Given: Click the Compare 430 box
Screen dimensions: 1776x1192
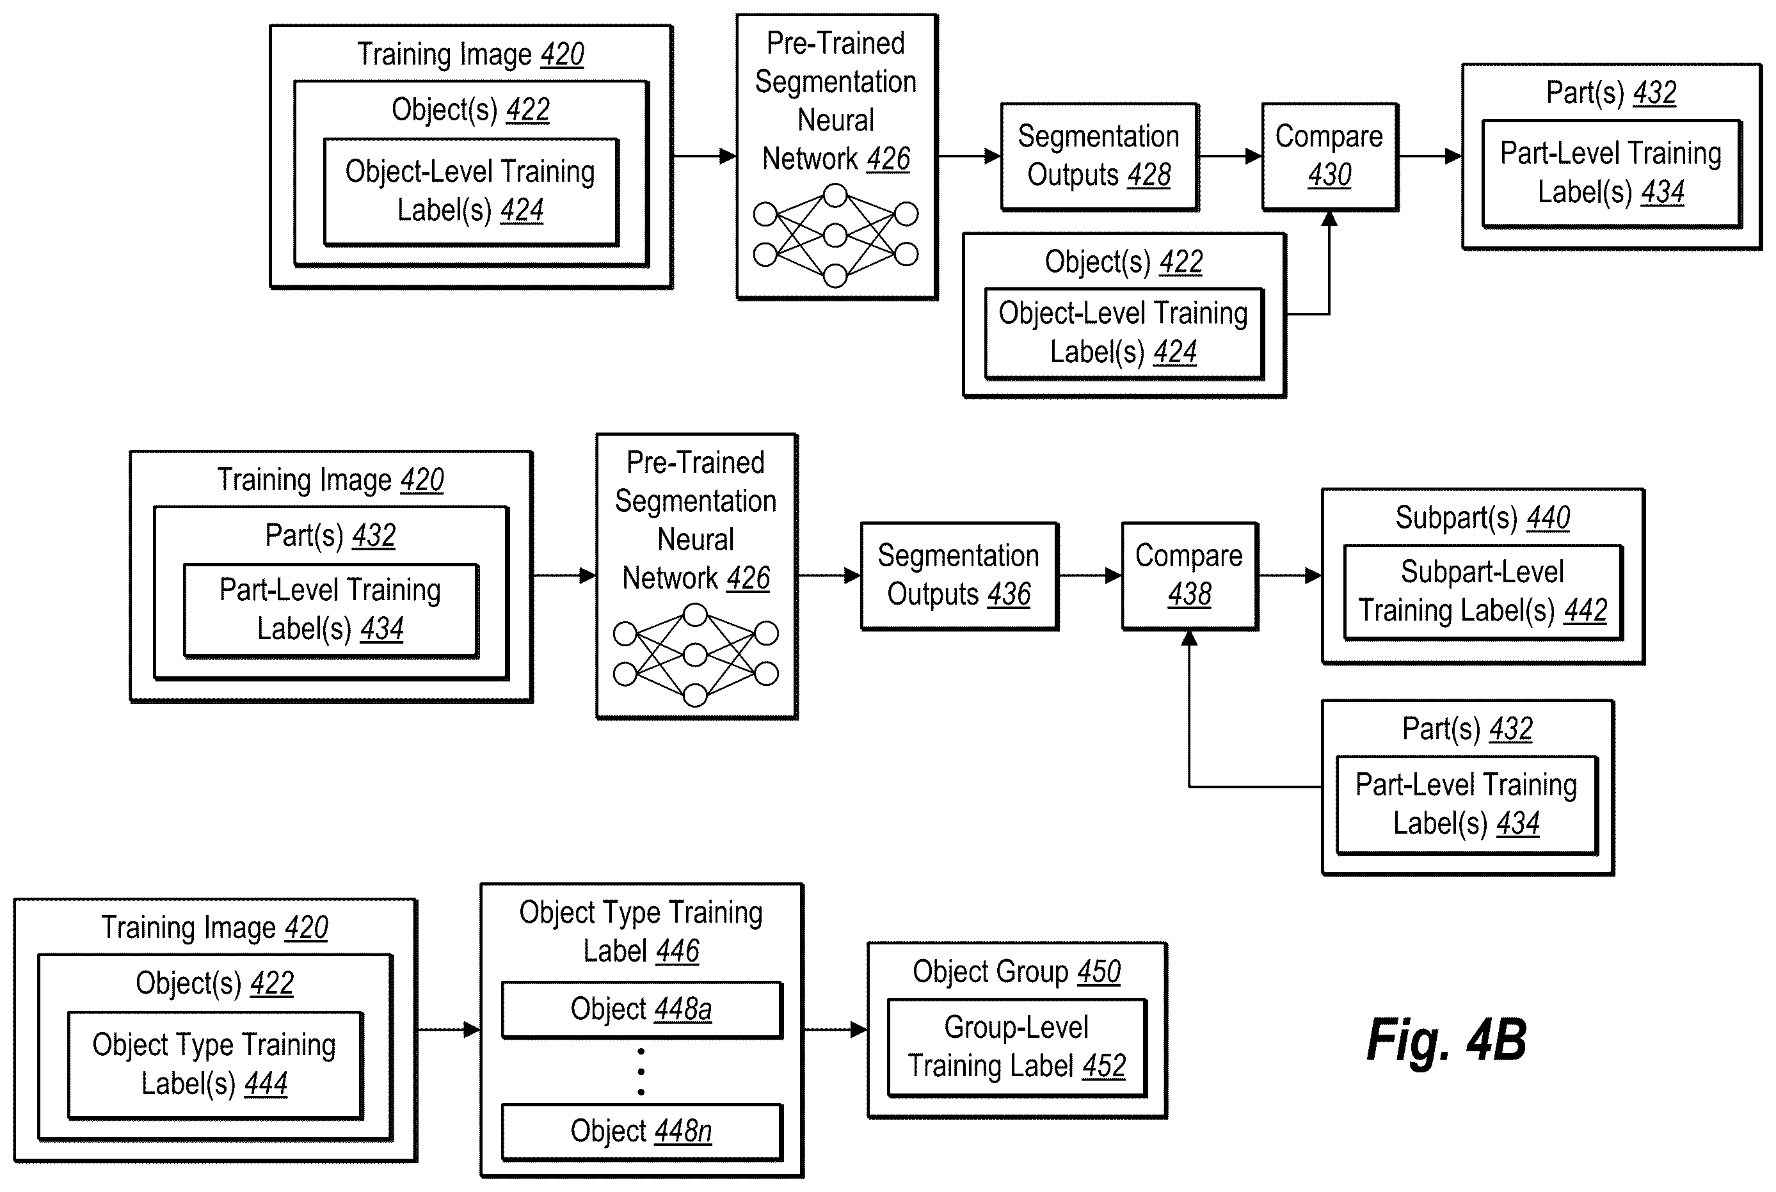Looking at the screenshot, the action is (1330, 157).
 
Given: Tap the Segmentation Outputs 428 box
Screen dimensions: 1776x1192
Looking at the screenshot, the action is (1100, 157).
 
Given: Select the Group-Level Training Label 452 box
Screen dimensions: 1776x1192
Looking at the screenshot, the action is (1017, 1047).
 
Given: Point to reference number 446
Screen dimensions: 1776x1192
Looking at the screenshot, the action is (678, 951).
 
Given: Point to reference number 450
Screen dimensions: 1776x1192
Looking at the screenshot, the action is (1100, 971).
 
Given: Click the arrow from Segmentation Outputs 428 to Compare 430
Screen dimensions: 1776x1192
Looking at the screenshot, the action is (1231, 157).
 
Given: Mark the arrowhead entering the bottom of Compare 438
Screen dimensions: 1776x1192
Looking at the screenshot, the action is (1190, 639).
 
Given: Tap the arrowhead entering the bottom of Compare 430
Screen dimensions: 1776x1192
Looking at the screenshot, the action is (1330, 219).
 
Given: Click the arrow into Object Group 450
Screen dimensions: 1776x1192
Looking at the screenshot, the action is (836, 1030).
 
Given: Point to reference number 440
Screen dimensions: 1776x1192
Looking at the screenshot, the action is (1549, 518).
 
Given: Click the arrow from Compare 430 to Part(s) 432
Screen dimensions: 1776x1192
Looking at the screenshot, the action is (1430, 157).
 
